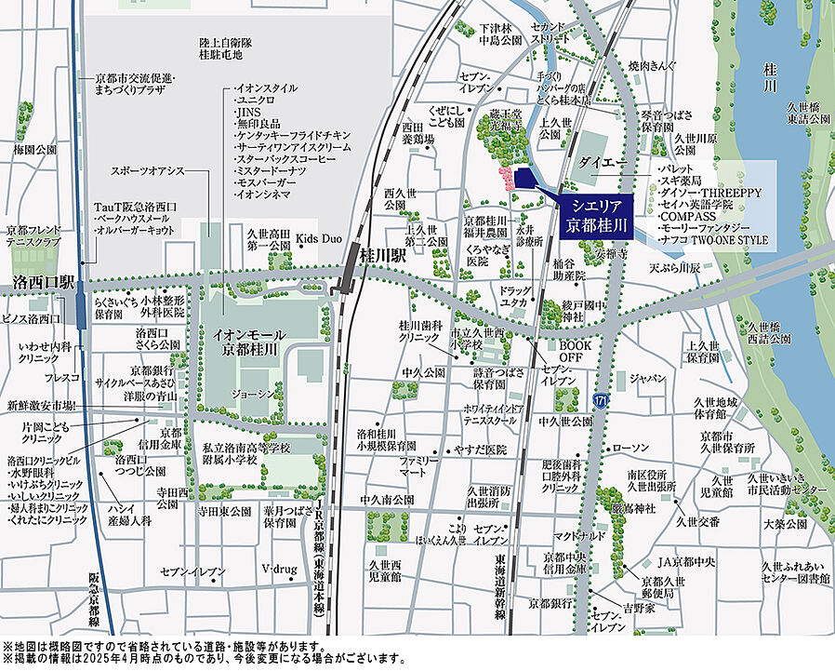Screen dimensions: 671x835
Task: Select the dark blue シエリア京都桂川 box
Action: [x=595, y=214]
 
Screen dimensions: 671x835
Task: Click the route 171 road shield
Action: [x=602, y=399]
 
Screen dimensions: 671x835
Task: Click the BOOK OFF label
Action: [x=577, y=351]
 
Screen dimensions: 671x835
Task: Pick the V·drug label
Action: [x=277, y=569]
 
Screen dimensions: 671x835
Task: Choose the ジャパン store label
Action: [x=647, y=379]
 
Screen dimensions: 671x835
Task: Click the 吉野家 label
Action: [x=639, y=607]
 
